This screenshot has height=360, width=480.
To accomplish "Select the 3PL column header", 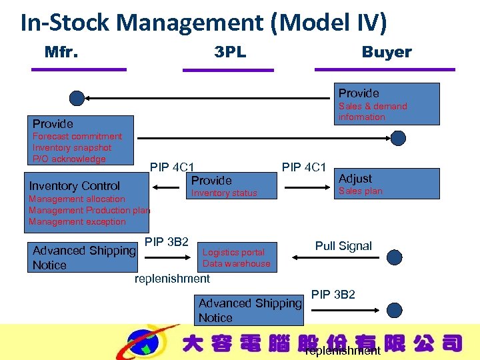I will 230,52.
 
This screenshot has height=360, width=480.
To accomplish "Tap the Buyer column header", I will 387,52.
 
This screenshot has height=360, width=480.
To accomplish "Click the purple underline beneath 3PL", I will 237,69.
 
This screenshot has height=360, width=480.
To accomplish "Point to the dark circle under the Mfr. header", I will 77,99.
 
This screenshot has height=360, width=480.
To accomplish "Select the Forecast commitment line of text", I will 77,137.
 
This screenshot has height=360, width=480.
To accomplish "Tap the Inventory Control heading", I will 75,186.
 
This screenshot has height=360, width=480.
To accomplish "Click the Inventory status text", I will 224,193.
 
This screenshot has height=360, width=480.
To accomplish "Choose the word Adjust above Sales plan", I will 355,179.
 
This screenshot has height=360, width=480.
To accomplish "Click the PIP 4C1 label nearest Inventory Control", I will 172,167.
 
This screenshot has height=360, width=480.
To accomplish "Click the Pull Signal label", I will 343,246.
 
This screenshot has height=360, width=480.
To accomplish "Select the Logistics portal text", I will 233,252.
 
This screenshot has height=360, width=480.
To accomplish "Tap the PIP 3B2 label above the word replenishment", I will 167,241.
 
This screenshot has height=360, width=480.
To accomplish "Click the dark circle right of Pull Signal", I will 395,257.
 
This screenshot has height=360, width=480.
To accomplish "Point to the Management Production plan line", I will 89,211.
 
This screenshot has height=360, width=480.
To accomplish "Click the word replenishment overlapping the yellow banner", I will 343,351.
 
